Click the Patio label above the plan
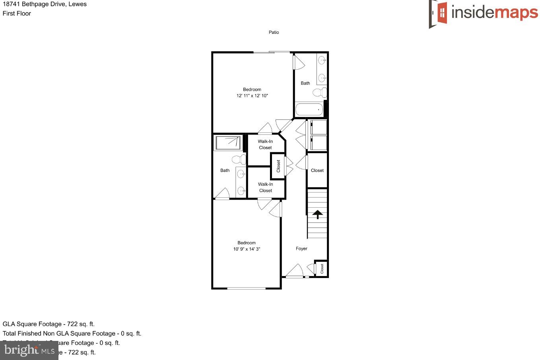(274, 32)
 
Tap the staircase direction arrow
(317, 214)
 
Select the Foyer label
(301, 249)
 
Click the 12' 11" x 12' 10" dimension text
(252, 96)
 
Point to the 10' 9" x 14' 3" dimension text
(247, 249)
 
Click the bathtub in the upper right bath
(309, 109)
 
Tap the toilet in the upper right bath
(320, 93)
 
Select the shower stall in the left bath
(228, 143)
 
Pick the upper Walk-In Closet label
(265, 144)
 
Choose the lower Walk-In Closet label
(266, 187)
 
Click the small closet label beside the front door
(322, 269)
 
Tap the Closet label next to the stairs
(317, 170)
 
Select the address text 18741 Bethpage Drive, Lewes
(45, 4)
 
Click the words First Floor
(17, 14)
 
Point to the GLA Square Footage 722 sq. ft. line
(49, 324)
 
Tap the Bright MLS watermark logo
(29, 350)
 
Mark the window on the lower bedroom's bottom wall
(247, 288)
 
